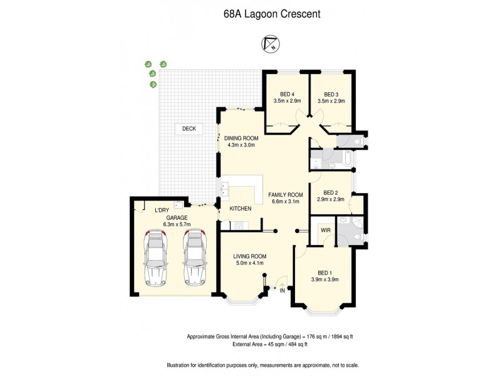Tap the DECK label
[189, 128]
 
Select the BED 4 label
[287, 94]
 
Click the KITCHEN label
[240, 209]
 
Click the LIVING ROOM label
[250, 256]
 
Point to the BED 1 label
[325, 273]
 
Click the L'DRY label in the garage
[162, 211]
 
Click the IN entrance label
[282, 290]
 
